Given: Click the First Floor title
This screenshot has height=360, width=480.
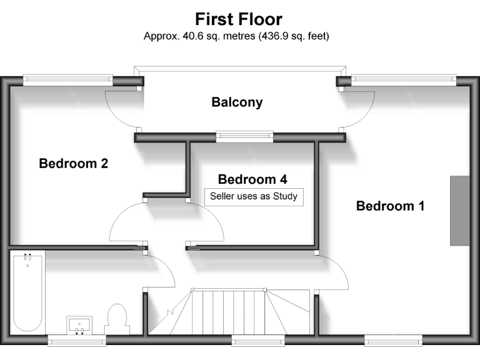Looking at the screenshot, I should [239, 19].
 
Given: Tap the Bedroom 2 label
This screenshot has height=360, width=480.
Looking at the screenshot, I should [74, 164].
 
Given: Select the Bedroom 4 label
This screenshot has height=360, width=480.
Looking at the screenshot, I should [252, 179].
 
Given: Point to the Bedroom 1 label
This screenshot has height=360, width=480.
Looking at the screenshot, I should [390, 206].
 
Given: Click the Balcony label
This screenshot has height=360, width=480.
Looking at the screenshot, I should [237, 102].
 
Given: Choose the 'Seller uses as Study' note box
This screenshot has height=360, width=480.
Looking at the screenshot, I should [254, 196].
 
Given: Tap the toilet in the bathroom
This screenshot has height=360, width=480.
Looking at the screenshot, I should [117, 317].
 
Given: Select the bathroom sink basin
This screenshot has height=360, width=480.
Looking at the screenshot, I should [79, 325].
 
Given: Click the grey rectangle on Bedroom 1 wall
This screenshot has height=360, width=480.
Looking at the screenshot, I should [459, 211].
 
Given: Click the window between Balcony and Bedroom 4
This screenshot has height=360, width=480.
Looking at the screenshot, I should [244, 134].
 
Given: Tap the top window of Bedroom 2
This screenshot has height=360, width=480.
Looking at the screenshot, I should [67, 79].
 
